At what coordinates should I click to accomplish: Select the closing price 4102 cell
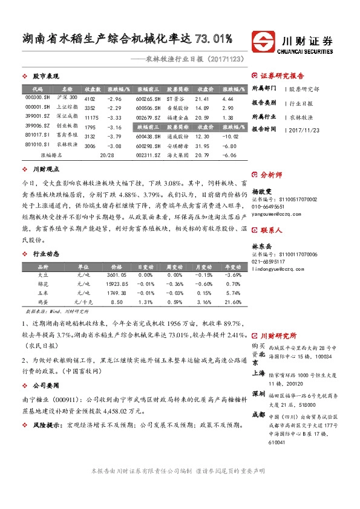tap(90, 98)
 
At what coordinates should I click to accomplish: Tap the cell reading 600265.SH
tap(148, 98)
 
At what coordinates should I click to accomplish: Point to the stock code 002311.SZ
tap(148, 155)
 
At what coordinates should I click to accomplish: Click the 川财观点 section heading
tap(45, 170)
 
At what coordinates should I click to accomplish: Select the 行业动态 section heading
tap(45, 254)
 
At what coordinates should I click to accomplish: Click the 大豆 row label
tap(43, 274)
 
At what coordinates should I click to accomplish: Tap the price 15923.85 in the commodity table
tap(115, 284)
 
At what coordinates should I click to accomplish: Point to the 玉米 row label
tap(43, 293)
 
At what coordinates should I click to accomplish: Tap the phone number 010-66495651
tap(269, 206)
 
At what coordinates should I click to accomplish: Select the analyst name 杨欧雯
tap(263, 189)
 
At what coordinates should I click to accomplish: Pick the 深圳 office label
tap(259, 394)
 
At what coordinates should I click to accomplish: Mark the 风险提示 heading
tap(47, 425)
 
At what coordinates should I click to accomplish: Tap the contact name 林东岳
tap(263, 247)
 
